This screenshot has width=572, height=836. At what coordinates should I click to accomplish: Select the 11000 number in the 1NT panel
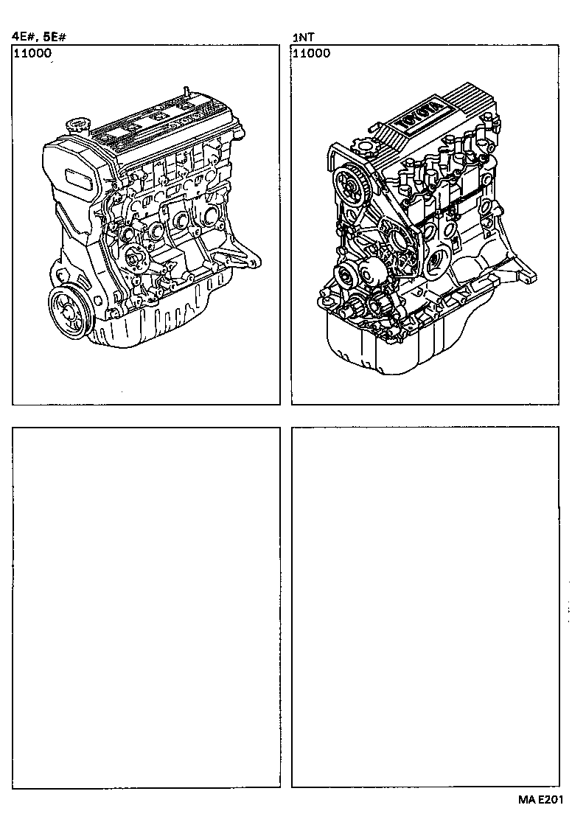312,53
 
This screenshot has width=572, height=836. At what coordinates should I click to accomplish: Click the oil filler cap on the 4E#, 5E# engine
77,125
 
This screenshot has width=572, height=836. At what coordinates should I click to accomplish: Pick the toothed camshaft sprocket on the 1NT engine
349,184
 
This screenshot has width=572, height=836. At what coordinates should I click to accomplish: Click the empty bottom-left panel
146,607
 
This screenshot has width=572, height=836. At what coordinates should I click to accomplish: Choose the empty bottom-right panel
425,607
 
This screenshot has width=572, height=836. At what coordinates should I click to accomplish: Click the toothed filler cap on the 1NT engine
363,148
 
